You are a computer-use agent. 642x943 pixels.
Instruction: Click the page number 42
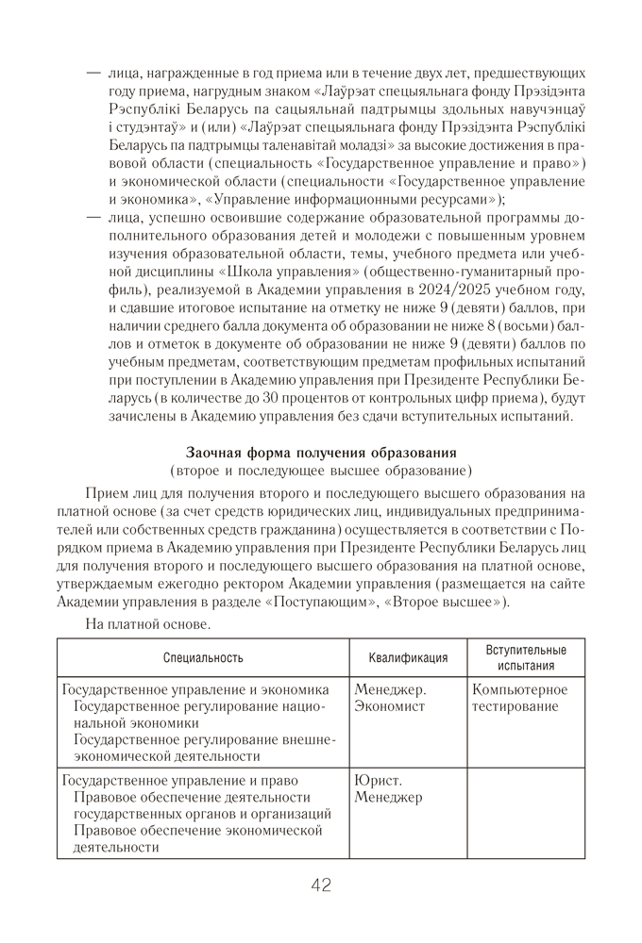tap(320, 885)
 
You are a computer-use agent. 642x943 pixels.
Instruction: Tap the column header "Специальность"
tap(202, 658)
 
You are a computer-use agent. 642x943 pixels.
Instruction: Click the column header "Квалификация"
tap(407, 658)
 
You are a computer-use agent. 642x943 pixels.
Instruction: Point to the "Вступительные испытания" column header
tap(526, 658)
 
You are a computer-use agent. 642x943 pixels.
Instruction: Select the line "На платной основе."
tap(148, 623)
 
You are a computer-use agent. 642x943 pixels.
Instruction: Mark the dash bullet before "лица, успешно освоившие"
tap(93, 218)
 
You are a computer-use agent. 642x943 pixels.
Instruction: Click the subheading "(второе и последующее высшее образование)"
tap(321, 471)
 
